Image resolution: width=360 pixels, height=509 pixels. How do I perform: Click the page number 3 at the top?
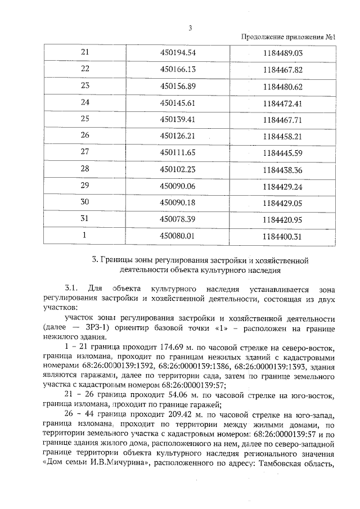click(x=190, y=29)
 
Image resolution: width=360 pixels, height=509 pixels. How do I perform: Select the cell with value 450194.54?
click(x=177, y=53)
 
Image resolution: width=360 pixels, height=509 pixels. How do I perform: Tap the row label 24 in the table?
click(x=85, y=103)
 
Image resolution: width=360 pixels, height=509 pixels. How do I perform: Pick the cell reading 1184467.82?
click(x=282, y=70)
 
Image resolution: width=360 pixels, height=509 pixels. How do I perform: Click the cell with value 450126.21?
click(x=177, y=136)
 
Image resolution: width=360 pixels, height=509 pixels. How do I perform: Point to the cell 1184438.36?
click(x=282, y=169)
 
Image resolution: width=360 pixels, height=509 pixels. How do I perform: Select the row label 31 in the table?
click(x=85, y=219)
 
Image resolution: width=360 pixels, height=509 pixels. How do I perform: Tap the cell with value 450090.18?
click(x=177, y=202)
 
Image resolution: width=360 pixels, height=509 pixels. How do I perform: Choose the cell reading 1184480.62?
click(x=282, y=87)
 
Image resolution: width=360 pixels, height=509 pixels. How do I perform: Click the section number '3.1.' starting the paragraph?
click(x=74, y=289)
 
